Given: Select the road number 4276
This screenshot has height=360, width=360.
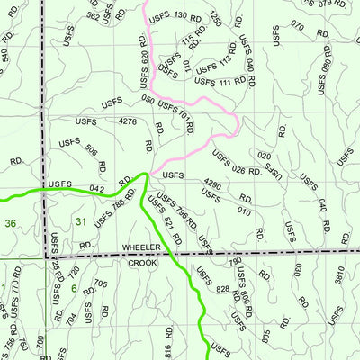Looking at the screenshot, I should tap(128, 121).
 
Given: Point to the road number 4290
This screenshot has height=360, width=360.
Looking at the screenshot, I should tap(212, 184).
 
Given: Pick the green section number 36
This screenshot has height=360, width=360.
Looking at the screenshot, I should tap(10, 222).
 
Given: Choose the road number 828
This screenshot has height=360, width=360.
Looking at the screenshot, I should tap(224, 289).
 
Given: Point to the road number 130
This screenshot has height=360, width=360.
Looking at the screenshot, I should tap(180, 15).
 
